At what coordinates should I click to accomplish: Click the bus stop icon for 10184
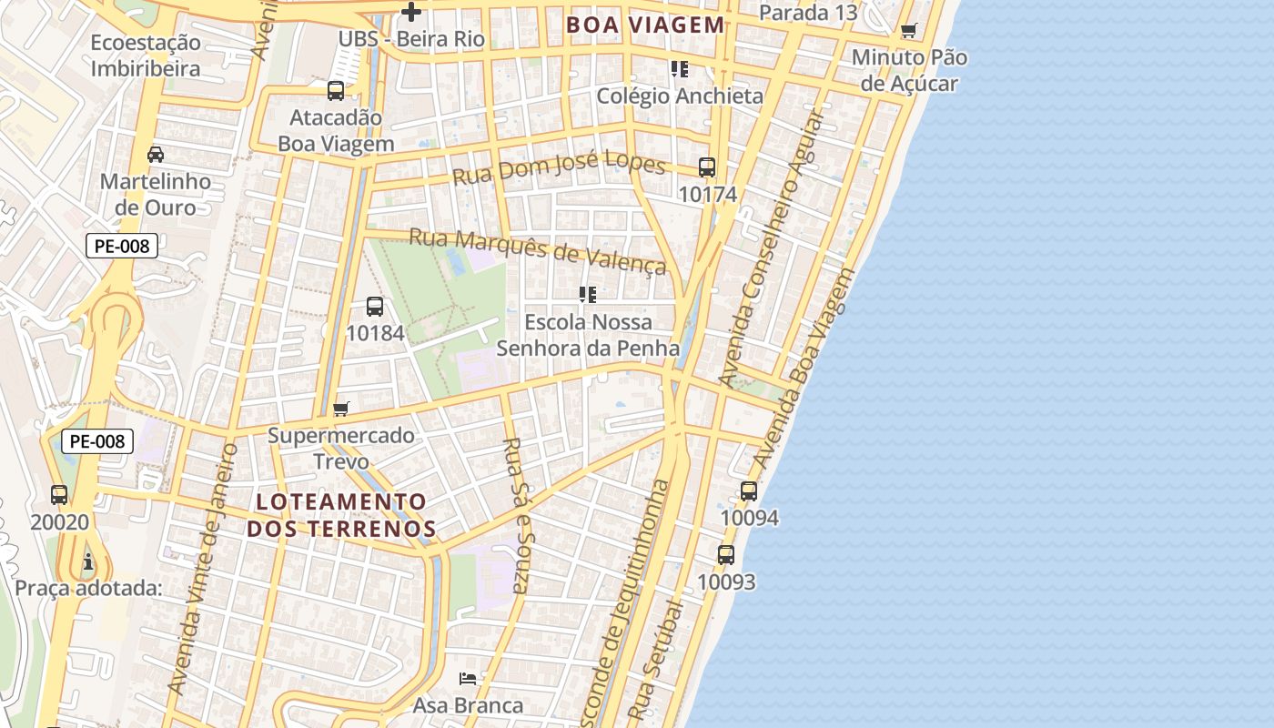point(375,307)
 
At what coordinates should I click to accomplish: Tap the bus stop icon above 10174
point(707,167)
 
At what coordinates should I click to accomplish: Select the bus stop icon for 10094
point(749,491)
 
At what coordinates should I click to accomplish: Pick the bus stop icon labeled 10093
point(725,555)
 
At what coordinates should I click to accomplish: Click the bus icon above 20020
point(59,495)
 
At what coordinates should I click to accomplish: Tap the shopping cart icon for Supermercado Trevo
point(340,409)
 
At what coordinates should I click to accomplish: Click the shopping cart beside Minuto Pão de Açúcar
point(908,31)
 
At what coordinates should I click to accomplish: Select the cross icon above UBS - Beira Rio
point(411,12)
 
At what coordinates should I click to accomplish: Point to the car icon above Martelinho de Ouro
point(156,154)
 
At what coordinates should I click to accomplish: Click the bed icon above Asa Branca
point(468,678)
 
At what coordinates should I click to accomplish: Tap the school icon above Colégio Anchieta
point(679,68)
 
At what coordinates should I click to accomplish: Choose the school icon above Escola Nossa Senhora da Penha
point(588,295)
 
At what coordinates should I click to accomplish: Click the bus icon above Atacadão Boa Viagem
point(336,90)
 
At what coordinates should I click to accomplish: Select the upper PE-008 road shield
point(122,245)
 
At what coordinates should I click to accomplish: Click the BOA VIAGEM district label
point(645,25)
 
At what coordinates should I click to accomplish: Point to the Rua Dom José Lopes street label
point(560,167)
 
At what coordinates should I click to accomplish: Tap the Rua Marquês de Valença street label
point(537,250)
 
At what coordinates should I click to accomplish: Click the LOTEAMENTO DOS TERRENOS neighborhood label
point(341,515)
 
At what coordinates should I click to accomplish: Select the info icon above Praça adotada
point(88,561)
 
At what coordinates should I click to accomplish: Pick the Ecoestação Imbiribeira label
point(146,56)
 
